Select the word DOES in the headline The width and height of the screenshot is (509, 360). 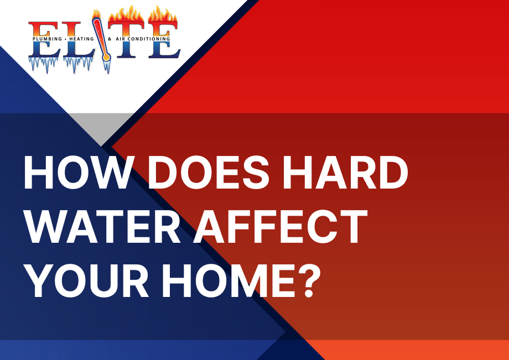coord(209,172)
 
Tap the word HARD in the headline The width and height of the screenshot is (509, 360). coord(345,172)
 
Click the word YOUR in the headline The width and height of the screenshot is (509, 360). coord(87,281)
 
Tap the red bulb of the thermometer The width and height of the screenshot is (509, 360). coord(106,58)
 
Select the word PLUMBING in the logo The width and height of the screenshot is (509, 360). coord(47,39)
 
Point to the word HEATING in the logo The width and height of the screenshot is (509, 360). coord(81,39)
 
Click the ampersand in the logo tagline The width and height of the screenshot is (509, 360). coord(110,39)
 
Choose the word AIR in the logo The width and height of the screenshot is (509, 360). coord(121,39)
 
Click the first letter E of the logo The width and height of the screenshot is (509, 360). coord(44,40)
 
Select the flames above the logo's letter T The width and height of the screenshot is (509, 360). coord(126,15)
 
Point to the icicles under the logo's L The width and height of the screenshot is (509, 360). coord(78,65)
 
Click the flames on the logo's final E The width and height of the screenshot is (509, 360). coord(163,15)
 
